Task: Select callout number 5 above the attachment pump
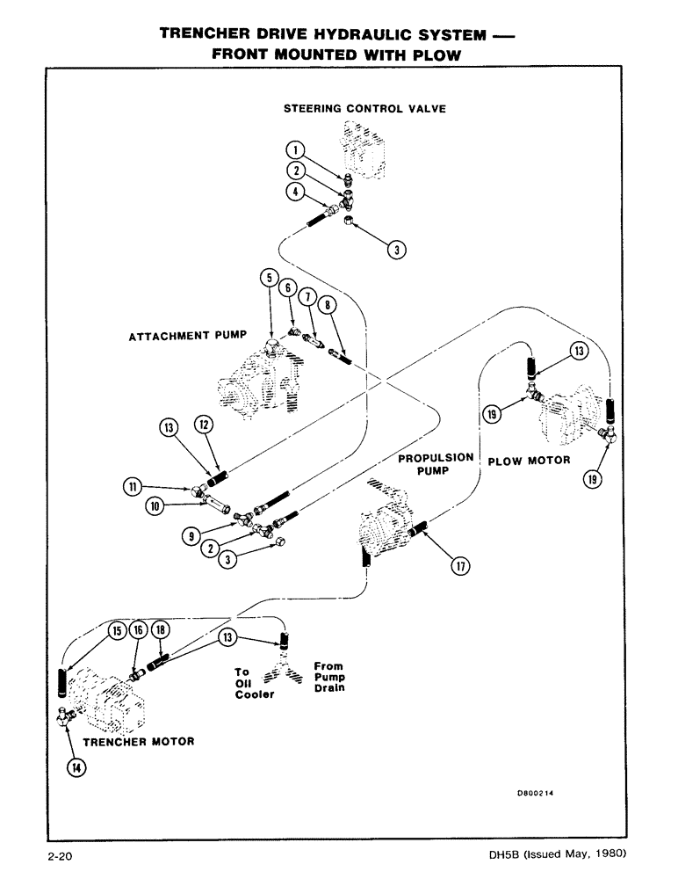coord(269,280)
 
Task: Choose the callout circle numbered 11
coord(134,484)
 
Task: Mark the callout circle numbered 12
coord(204,425)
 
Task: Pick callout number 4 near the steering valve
coord(298,191)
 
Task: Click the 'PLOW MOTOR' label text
coord(529,461)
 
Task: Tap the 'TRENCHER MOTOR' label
coord(138,741)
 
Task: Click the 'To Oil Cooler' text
coord(254,683)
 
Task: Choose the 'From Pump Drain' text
coord(329,677)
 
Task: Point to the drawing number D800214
coord(539,792)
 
